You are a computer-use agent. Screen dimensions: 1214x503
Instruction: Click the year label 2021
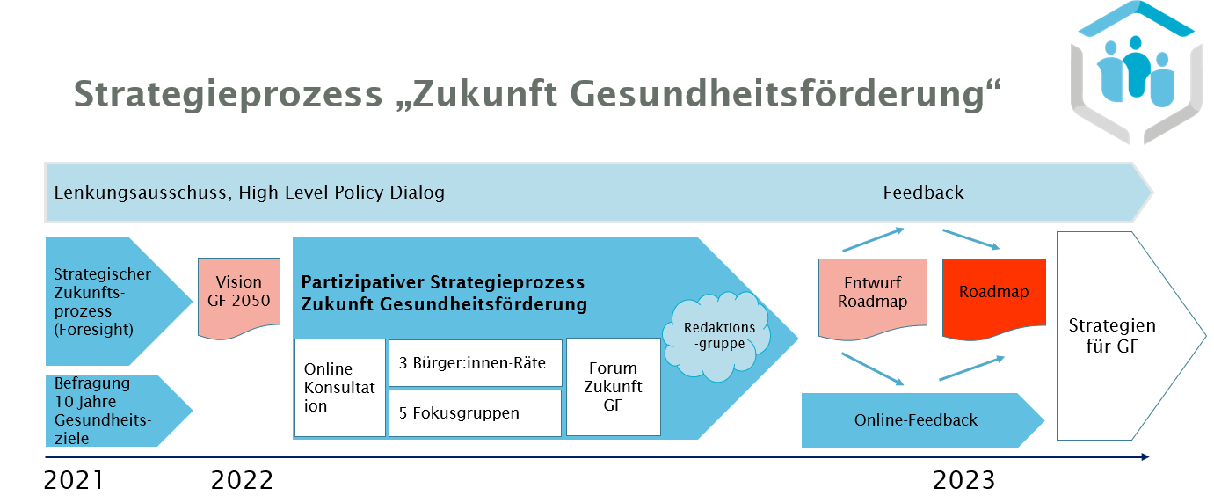pos(74,481)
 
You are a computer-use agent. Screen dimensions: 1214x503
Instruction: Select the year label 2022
pos(243,481)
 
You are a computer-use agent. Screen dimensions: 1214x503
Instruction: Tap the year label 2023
pos(964,481)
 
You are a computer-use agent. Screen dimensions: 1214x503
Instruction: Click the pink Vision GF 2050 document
pos(239,295)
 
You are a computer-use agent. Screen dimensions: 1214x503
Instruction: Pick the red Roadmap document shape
pos(993,294)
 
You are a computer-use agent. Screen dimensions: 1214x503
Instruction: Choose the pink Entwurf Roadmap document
pos(872,295)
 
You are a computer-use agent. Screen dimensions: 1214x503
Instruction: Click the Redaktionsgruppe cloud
pos(720,339)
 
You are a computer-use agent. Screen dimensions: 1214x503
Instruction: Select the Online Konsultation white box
pos(340,388)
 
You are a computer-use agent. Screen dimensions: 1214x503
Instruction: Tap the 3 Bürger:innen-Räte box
pos(475,362)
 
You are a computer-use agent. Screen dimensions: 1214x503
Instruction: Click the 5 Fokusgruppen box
pos(475,412)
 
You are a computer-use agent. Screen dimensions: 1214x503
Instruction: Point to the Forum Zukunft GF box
pos(613,387)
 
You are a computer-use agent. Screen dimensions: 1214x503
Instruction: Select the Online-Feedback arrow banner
pos(916,420)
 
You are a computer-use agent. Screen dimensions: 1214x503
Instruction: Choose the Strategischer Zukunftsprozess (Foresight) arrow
pos(105,302)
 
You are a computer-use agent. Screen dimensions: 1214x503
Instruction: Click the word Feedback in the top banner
pos(923,193)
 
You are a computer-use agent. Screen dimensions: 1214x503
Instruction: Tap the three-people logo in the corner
pos(1136,70)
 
